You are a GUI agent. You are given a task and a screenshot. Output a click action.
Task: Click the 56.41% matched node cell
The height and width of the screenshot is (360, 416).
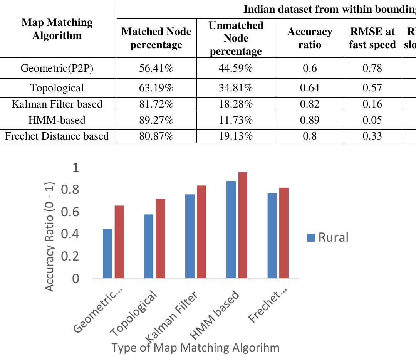point(156,69)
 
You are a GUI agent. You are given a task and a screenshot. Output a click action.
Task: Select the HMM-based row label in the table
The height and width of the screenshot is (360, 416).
point(57,120)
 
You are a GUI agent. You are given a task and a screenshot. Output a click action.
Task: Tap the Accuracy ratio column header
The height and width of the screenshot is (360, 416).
point(310,38)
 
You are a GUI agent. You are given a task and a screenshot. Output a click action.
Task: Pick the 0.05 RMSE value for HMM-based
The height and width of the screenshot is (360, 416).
point(372,120)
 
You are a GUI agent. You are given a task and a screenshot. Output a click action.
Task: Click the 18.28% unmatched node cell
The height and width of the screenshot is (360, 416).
point(236,104)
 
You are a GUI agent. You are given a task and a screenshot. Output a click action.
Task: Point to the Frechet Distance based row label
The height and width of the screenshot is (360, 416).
point(57,136)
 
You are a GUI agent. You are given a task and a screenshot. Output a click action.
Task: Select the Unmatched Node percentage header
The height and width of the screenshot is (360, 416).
point(236,38)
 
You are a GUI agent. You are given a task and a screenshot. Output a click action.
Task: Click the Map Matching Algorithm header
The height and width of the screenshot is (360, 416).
point(57,29)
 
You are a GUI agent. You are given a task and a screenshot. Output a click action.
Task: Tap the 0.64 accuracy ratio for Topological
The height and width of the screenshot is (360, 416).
point(310,88)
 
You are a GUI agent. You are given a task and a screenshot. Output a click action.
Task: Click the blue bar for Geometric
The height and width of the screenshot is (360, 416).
point(107,254)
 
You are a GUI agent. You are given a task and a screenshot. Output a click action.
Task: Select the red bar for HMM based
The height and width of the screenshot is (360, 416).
point(243,225)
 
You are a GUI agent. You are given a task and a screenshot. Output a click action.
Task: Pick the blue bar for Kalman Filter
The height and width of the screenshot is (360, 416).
point(190,236)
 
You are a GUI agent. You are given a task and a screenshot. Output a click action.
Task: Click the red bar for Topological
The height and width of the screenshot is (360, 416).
point(160,239)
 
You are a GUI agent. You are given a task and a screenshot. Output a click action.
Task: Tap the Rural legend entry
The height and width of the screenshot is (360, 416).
point(328,237)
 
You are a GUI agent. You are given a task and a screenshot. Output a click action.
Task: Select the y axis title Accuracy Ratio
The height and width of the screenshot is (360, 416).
point(50,236)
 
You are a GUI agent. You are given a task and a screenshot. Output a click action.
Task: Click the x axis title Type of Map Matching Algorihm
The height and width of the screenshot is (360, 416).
point(195,348)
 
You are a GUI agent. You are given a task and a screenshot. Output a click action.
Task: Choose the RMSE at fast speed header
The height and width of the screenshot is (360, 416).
point(372,38)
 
